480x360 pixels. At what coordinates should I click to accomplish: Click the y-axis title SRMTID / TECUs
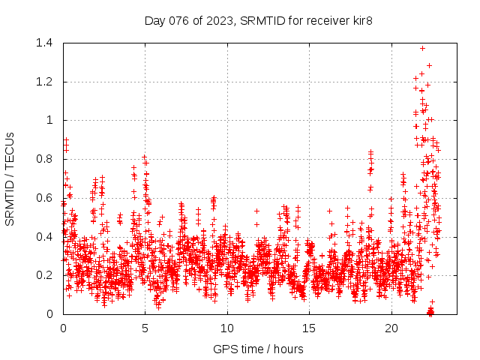tap(10, 178)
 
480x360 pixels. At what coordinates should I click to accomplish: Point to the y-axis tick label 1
tap(49, 120)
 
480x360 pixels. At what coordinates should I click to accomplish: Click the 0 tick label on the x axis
tap(63, 328)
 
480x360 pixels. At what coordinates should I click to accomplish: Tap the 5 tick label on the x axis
tap(145, 328)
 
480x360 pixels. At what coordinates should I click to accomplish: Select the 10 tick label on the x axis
tap(227, 328)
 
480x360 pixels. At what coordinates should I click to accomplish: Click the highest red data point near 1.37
tap(422, 49)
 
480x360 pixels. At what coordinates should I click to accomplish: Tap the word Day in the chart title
tap(154, 20)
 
